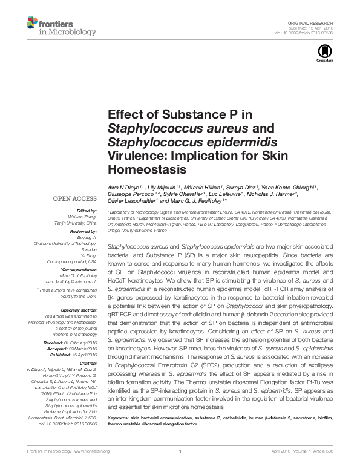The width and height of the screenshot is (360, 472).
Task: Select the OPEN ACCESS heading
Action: click(x=75, y=198)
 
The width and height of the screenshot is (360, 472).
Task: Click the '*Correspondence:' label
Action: click(x=80, y=268)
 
